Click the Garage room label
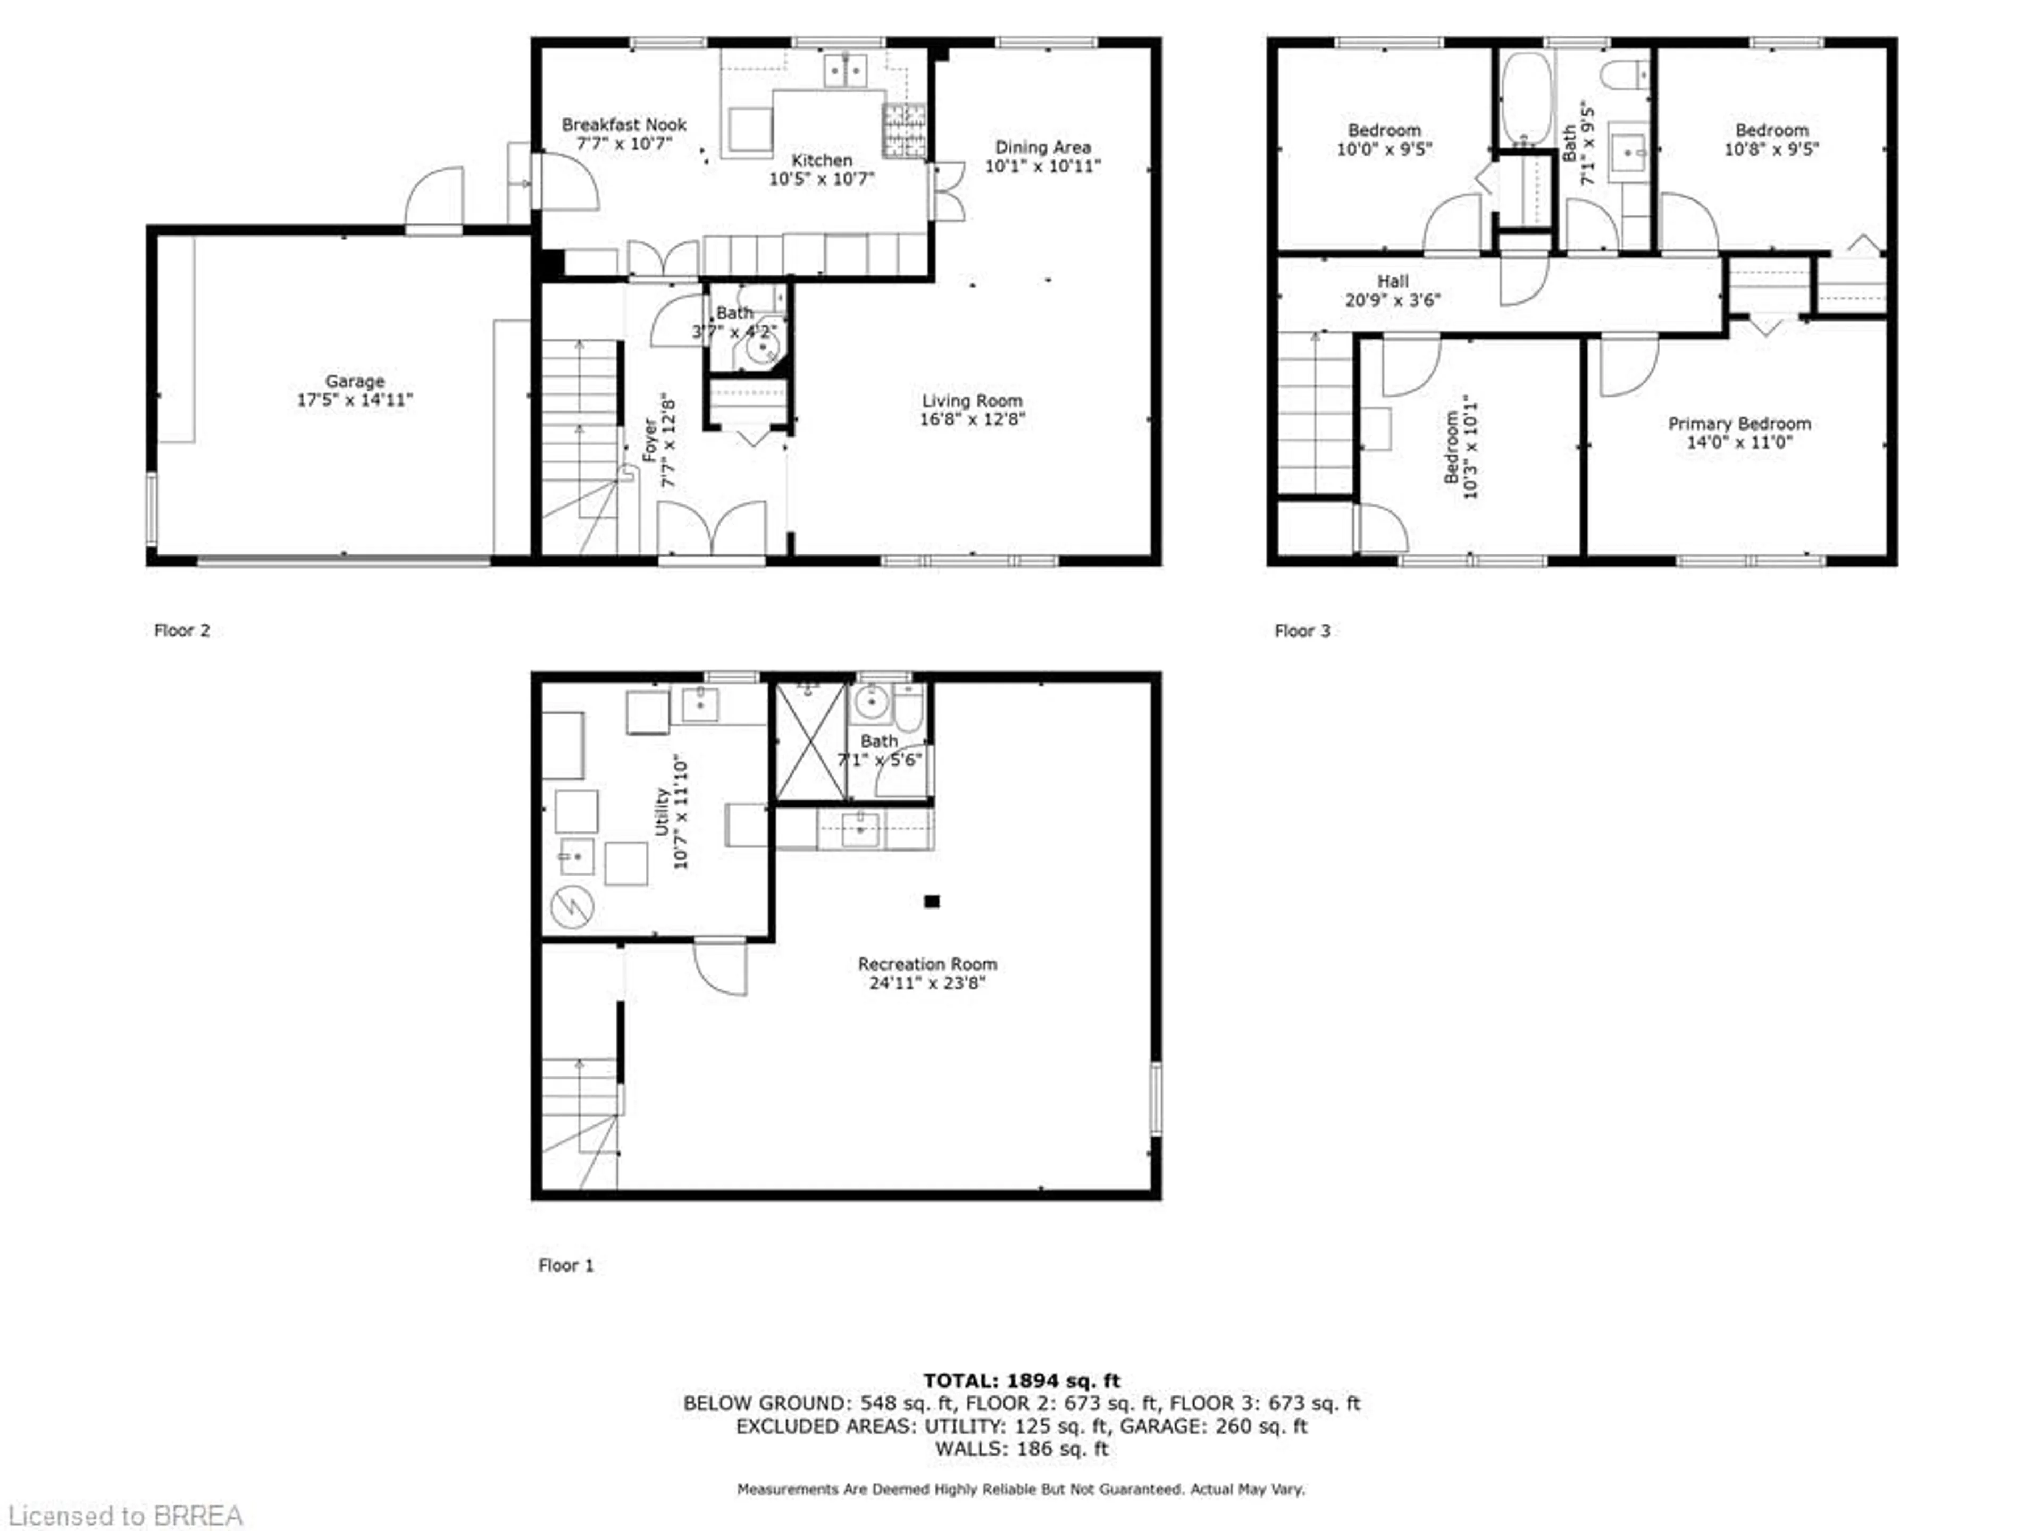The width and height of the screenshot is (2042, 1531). [x=355, y=381]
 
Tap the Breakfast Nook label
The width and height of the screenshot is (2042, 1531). [x=624, y=124]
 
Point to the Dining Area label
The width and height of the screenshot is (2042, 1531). [x=1042, y=147]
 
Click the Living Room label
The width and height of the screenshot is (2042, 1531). [x=972, y=400]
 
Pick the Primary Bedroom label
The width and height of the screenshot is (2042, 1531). [x=1739, y=424]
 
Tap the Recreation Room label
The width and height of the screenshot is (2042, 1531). [x=927, y=963]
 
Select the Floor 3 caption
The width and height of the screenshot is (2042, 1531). [x=1302, y=631]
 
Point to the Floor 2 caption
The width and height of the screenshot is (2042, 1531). [x=182, y=630]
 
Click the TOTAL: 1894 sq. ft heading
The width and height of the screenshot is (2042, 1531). [x=1021, y=1381]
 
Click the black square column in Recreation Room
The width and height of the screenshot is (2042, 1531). [x=932, y=902]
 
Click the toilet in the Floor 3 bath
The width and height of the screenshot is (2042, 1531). [x=1625, y=74]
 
